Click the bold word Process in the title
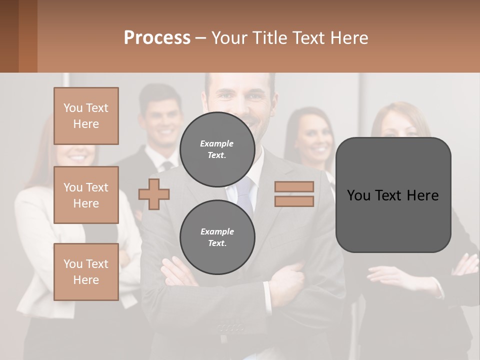(157, 37)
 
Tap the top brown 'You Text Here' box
(86, 116)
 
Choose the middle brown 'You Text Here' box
(86, 195)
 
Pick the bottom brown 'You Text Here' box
(86, 272)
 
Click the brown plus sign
(154, 194)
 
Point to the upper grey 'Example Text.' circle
(217, 149)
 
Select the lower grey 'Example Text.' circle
(217, 237)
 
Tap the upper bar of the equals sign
(294, 187)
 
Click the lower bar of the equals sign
(294, 201)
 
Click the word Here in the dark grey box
(423, 195)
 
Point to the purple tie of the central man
(244, 195)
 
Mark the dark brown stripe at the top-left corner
(9, 36)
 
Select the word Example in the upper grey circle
(216, 143)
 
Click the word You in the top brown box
(73, 108)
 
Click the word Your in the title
(227, 37)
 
